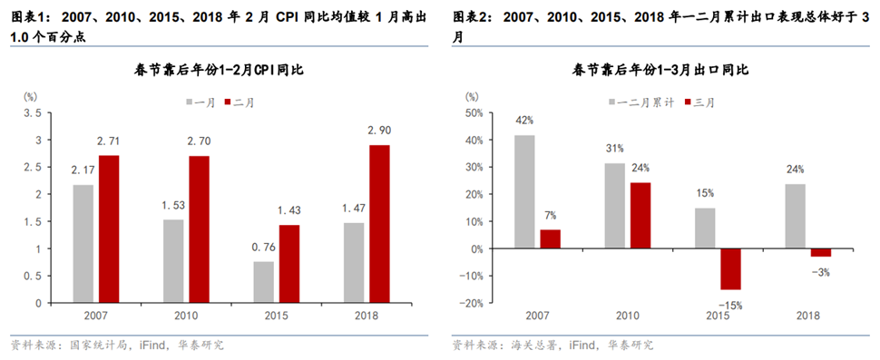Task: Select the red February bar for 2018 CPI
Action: (x=380, y=223)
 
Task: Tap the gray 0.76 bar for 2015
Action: (x=262, y=281)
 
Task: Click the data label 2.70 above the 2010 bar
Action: (x=199, y=142)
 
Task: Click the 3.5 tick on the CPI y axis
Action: (x=32, y=112)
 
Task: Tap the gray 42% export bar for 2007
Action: (x=524, y=191)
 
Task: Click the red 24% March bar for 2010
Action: (x=640, y=216)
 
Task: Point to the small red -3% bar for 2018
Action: (x=820, y=252)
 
